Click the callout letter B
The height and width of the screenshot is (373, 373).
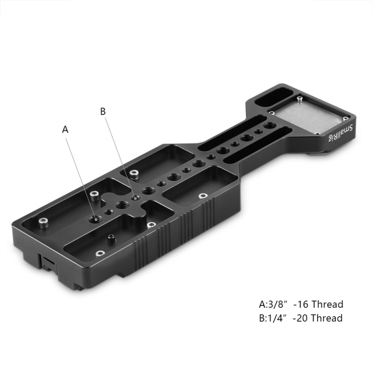103,111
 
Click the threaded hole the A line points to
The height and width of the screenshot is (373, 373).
94,219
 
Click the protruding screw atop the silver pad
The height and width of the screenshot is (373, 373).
299,98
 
